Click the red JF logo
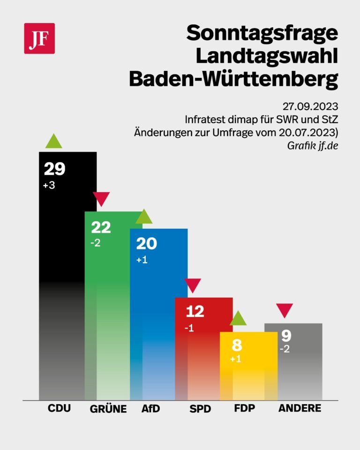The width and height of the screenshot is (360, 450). (x=39, y=38)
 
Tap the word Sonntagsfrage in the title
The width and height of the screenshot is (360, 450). (x=262, y=33)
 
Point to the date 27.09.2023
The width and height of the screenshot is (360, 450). (x=310, y=105)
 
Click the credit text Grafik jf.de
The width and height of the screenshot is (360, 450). (x=312, y=145)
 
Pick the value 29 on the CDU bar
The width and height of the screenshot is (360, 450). (x=54, y=169)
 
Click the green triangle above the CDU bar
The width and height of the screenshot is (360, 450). (x=54, y=141)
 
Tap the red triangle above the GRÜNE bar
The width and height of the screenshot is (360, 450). (x=101, y=199)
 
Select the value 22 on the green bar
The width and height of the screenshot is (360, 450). (x=101, y=228)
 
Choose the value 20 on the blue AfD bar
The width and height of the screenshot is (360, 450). (x=146, y=244)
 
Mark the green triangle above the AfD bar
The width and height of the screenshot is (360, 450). (x=144, y=217)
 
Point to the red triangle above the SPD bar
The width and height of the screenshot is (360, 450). (x=193, y=285)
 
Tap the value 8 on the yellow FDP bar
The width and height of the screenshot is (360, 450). (x=237, y=346)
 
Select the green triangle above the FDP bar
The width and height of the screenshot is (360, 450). (x=238, y=319)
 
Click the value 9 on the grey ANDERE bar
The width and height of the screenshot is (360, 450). (x=286, y=336)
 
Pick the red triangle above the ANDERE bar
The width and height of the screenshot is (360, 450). (x=285, y=310)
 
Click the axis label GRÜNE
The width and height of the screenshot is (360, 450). (x=108, y=409)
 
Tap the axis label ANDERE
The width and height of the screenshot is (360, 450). (x=300, y=408)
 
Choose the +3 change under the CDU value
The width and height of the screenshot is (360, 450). (x=49, y=185)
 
